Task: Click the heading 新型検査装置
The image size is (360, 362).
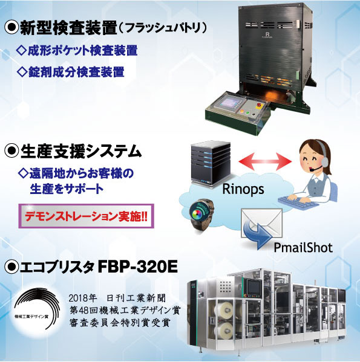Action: [x=68, y=28]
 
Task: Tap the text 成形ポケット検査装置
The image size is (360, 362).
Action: [x=83, y=50]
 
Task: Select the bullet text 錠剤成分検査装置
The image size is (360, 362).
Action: [x=76, y=72]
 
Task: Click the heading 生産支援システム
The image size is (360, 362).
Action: [x=81, y=151]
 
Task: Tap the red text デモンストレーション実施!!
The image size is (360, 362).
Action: [x=86, y=216]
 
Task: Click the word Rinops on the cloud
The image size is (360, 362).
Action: [x=243, y=189]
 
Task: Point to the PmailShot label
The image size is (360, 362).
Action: [x=303, y=248]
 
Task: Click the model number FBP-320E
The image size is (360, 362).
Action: [x=138, y=267]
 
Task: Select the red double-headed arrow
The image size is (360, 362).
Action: [x=265, y=161]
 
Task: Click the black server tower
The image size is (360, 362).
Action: [x=211, y=163]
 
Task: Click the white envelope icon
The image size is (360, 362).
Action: [x=262, y=223]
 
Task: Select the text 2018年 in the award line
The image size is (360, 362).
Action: [x=82, y=299]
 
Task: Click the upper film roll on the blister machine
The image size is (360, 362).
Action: [x=224, y=309]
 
